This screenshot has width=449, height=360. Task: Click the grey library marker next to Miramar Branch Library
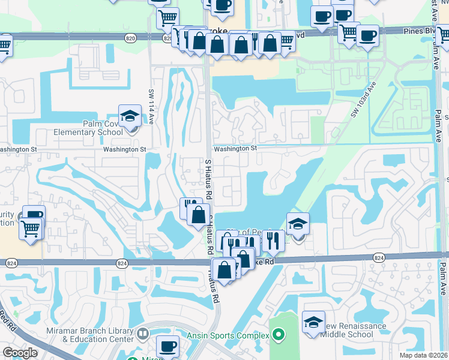(143, 333)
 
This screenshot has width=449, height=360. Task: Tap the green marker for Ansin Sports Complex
(277, 335)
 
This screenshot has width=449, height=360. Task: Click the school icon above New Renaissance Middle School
(313, 323)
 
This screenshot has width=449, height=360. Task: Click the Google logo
(19, 353)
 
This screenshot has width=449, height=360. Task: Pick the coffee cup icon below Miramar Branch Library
(168, 346)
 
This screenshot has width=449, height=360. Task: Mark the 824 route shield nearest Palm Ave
(379, 258)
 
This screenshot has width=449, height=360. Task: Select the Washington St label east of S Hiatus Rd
(235, 148)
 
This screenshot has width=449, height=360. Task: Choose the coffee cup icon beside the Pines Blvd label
(367, 36)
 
